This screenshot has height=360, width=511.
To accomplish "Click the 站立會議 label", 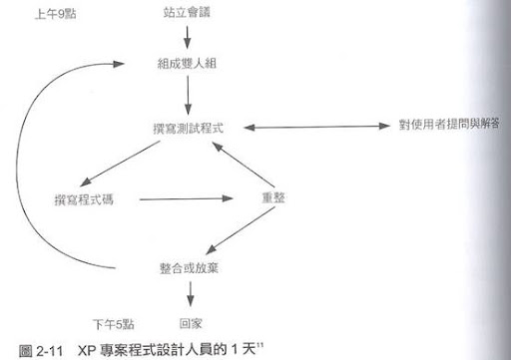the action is pos(187,13).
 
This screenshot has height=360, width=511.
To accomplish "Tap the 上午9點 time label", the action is pos(56,14).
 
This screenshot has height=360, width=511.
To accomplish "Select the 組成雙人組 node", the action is pos(187,63).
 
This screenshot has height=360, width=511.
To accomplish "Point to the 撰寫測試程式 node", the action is pos(188,129).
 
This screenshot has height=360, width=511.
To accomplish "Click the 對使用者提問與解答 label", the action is pos(449,125).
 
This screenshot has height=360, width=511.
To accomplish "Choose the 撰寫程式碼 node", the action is pos(84,199).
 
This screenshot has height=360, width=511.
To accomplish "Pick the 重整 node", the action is pos(273,198).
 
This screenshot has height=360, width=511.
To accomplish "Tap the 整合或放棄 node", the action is pos(189,268).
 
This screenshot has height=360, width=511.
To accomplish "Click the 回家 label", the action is pos(191,323).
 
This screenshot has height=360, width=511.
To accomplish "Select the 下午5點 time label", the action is pos(114,324).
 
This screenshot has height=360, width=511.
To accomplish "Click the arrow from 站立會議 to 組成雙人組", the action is pos(187,37).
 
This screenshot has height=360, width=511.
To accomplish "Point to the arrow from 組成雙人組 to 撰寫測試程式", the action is pos(188,96).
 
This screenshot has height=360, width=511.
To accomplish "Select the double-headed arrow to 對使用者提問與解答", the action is pos(316,127).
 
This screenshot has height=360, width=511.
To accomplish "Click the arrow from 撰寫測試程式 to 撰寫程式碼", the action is pos(120,164).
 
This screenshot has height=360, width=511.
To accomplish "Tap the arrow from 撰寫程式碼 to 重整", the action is pos(186,199).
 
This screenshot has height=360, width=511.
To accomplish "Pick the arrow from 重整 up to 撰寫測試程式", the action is pos(244,165).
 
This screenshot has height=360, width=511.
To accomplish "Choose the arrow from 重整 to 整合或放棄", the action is pos(242,230).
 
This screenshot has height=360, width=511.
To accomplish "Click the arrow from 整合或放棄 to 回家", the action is pos(190,294).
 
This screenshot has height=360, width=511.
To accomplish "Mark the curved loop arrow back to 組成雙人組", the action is pos(17,167).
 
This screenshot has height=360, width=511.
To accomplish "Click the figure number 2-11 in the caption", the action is pos(50,351).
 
